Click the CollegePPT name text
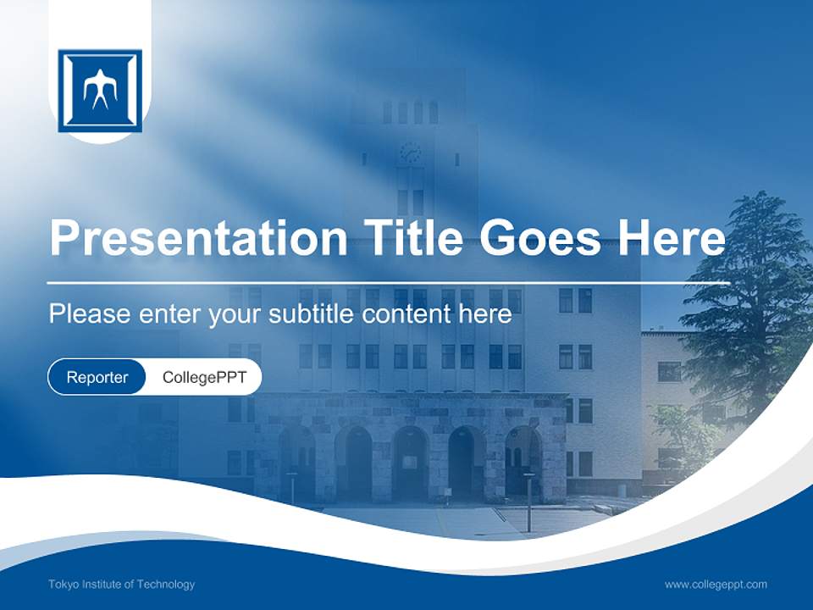pos(204,378)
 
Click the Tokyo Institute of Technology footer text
pos(122,585)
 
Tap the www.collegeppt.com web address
pos(716,585)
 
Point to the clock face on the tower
pos(411,152)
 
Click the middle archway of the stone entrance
pos(410,462)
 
